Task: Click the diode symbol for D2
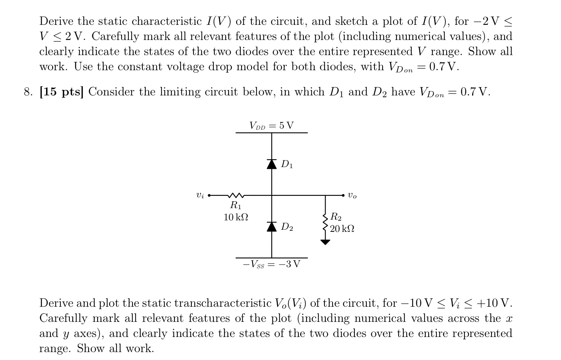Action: [272, 226]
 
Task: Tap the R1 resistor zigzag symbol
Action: [236, 195]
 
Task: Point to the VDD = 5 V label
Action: [272, 126]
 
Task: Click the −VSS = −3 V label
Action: [272, 265]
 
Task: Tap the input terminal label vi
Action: [200, 196]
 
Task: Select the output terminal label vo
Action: [352, 196]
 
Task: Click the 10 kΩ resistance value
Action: [236, 217]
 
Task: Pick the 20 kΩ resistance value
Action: [342, 229]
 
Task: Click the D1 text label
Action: [287, 165]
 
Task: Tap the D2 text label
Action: [287, 227]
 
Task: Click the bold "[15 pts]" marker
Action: [62, 92]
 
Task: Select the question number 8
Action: [28, 92]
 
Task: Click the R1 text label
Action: [236, 206]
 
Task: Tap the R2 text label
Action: [336, 217]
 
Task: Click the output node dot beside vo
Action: [343, 195]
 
